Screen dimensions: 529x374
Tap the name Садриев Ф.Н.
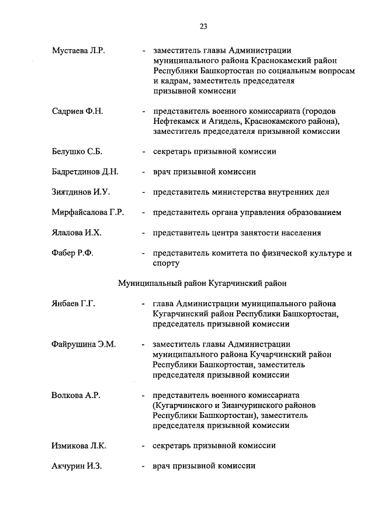(x=77, y=111)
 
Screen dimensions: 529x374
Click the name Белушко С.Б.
(x=77, y=151)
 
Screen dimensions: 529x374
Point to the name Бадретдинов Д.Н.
(x=85, y=172)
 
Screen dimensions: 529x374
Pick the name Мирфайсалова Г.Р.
(x=88, y=212)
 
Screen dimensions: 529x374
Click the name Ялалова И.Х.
(x=77, y=233)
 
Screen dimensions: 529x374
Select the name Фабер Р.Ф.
(x=72, y=253)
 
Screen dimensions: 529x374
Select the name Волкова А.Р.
(x=76, y=395)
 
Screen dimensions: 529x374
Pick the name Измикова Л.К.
(x=79, y=445)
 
